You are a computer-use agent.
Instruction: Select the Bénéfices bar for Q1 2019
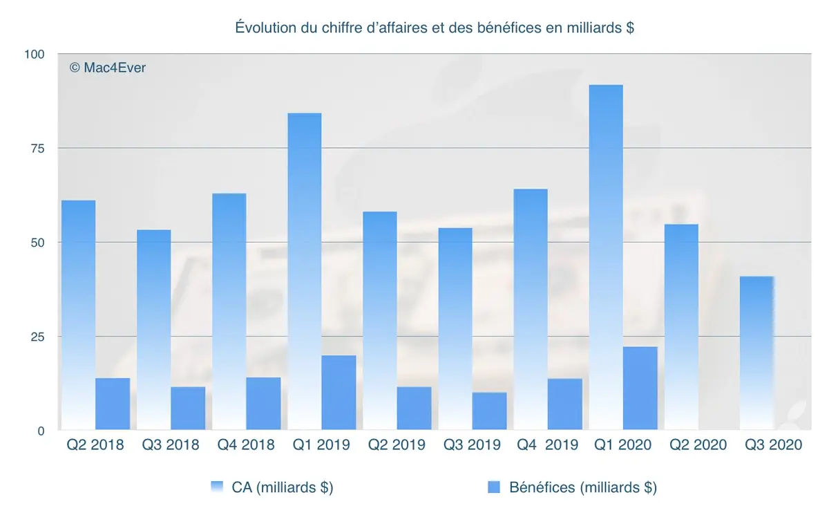pyautogui.click(x=339, y=393)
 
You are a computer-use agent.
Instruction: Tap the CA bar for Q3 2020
pyautogui.click(x=756, y=353)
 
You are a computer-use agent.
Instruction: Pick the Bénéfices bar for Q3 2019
pyautogui.click(x=489, y=411)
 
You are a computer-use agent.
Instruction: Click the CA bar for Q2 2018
pyautogui.click(x=78, y=315)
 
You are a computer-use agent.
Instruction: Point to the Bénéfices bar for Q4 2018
pyautogui.click(x=263, y=404)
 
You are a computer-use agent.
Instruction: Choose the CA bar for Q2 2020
pyautogui.click(x=681, y=327)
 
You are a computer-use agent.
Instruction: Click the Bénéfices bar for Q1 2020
pyautogui.click(x=640, y=388)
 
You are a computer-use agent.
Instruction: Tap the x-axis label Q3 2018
pyautogui.click(x=171, y=445)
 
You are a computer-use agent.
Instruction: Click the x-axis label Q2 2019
pyautogui.click(x=397, y=445)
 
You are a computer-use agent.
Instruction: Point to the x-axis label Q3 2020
pyautogui.click(x=773, y=445)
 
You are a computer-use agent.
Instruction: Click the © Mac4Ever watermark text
pyautogui.click(x=108, y=68)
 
